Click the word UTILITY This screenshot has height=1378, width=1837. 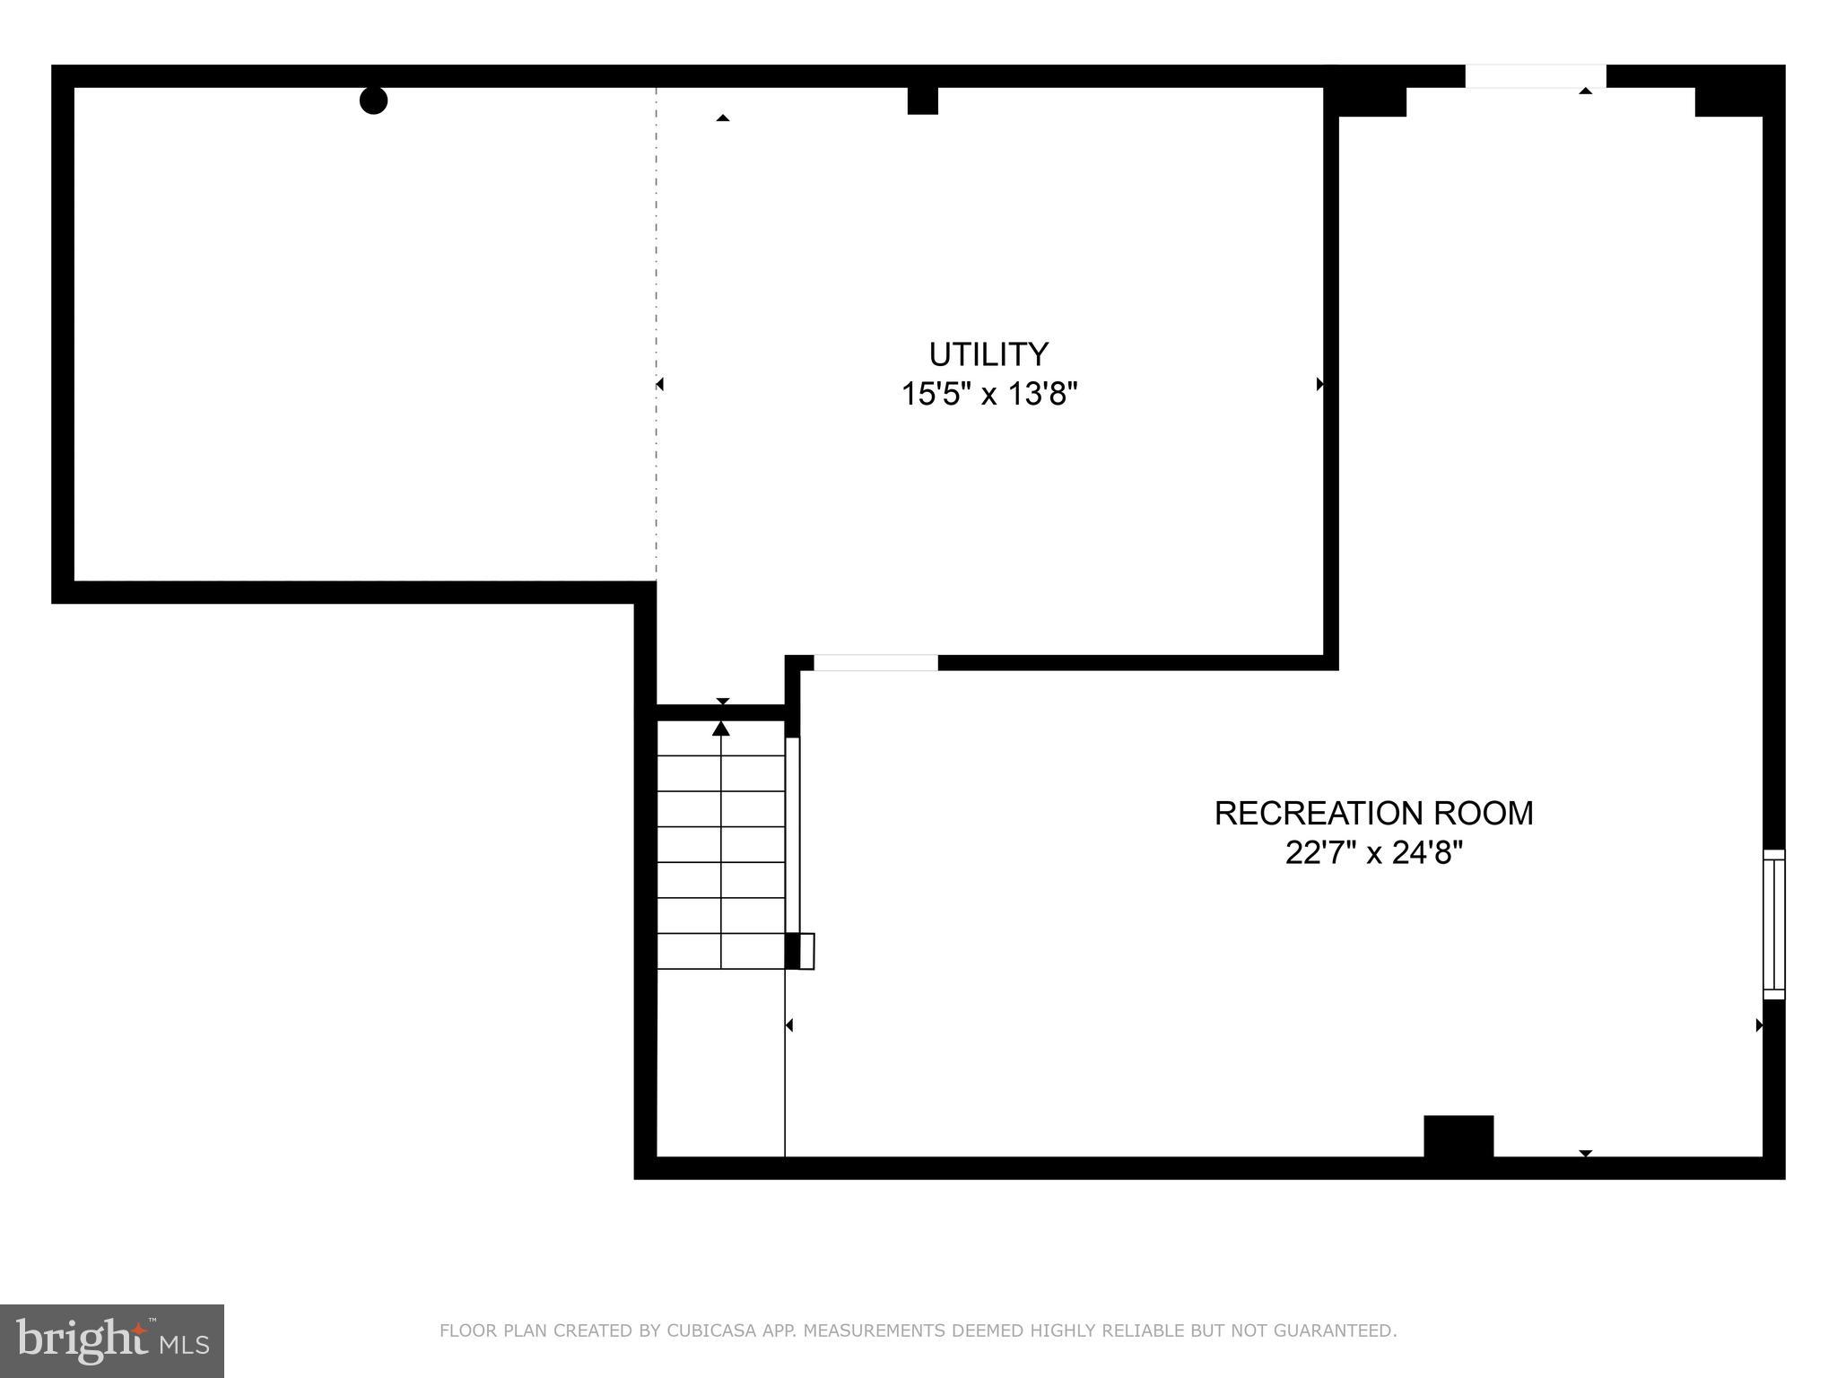(988, 354)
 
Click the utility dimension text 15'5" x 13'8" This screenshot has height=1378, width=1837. (988, 394)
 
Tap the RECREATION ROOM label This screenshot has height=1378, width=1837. (1372, 813)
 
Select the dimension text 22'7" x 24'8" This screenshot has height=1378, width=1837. (1372, 852)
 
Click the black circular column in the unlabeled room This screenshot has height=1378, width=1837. (373, 100)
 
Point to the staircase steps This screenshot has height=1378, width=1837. (721, 861)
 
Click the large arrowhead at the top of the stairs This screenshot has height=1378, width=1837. (721, 728)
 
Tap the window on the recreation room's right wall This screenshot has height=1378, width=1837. (1773, 924)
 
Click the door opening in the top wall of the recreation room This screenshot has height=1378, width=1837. (1535, 77)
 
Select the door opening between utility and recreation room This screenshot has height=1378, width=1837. (875, 663)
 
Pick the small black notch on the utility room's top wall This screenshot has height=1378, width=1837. (922, 100)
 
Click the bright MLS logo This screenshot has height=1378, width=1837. (111, 1340)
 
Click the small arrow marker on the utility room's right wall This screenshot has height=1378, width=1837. (1319, 384)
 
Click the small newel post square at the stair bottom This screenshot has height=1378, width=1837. (806, 951)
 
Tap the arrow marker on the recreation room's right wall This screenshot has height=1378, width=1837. (1759, 1025)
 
